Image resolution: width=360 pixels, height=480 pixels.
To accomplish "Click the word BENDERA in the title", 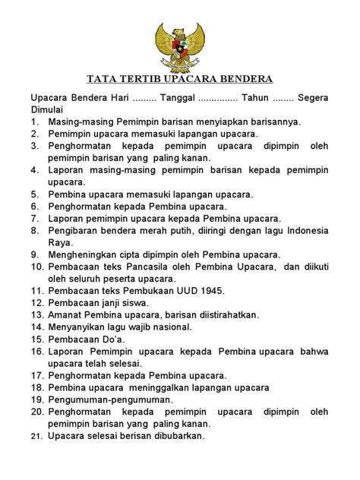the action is pos(241,79).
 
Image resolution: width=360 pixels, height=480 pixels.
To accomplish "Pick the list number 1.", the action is pos(34,121).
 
